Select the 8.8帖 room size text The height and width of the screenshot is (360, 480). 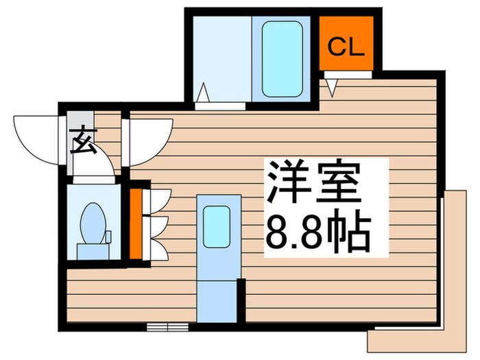[x=317, y=233]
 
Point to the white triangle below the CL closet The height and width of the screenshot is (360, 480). [x=332, y=86]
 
